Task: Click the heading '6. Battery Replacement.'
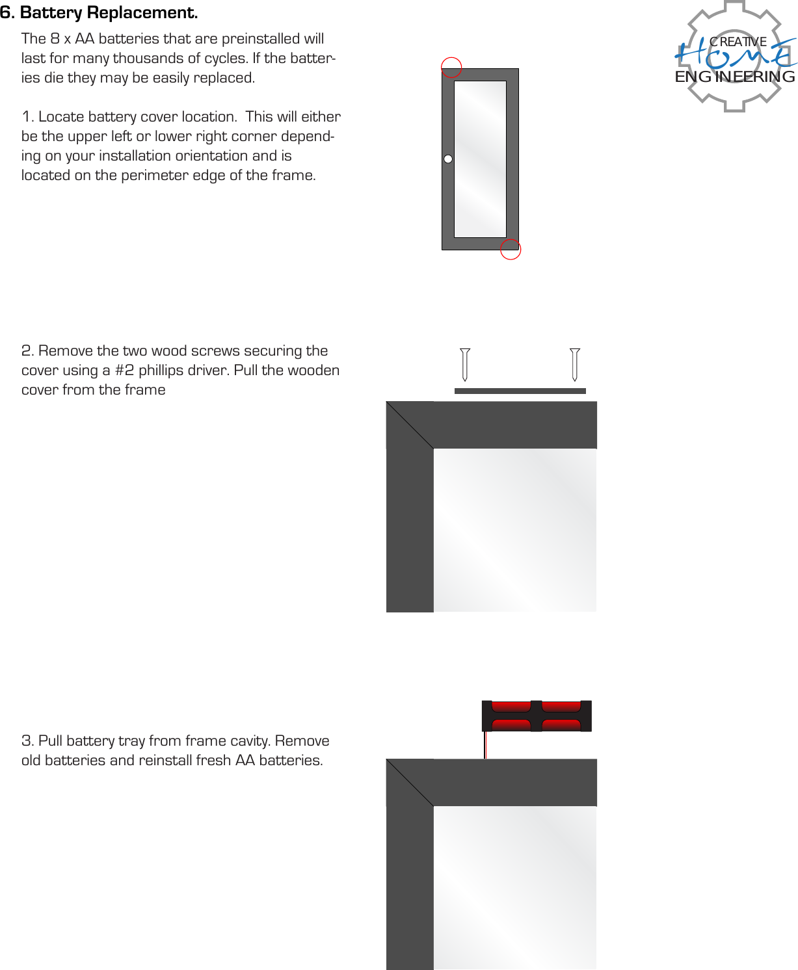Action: pyautogui.click(x=99, y=12)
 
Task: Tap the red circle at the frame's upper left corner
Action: pyautogui.click(x=451, y=67)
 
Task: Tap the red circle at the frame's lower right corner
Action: pyautogui.click(x=511, y=249)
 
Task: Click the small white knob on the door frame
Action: pyautogui.click(x=448, y=159)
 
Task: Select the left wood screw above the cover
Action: pyautogui.click(x=465, y=364)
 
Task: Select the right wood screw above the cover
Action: pyautogui.click(x=574, y=364)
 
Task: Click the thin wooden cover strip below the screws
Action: pyautogui.click(x=520, y=391)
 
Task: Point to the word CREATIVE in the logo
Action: pyautogui.click(x=738, y=42)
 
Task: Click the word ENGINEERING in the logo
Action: pyautogui.click(x=735, y=77)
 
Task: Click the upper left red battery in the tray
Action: pyautogui.click(x=511, y=707)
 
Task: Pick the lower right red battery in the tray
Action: pyautogui.click(x=561, y=724)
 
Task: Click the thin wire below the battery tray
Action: pyautogui.click(x=485, y=745)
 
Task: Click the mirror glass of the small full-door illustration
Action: pyautogui.click(x=480, y=159)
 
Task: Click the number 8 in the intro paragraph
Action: pyautogui.click(x=55, y=39)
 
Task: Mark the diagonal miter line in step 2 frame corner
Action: pyautogui.click(x=410, y=425)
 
